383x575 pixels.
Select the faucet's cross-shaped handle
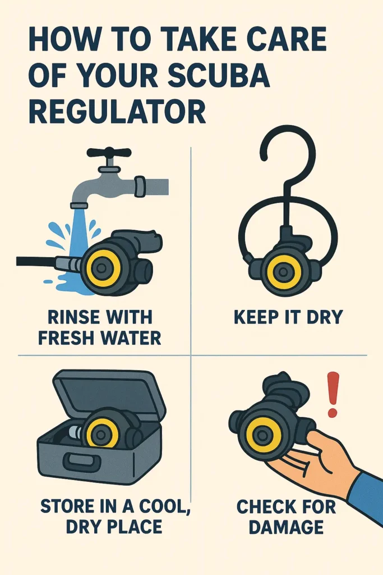point(109,154)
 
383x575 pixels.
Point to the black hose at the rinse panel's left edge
point(36,262)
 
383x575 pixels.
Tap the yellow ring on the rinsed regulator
point(101,268)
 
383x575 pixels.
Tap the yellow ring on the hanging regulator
point(282,272)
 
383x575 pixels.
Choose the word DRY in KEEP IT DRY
point(324,317)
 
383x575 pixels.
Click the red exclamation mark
point(333,395)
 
